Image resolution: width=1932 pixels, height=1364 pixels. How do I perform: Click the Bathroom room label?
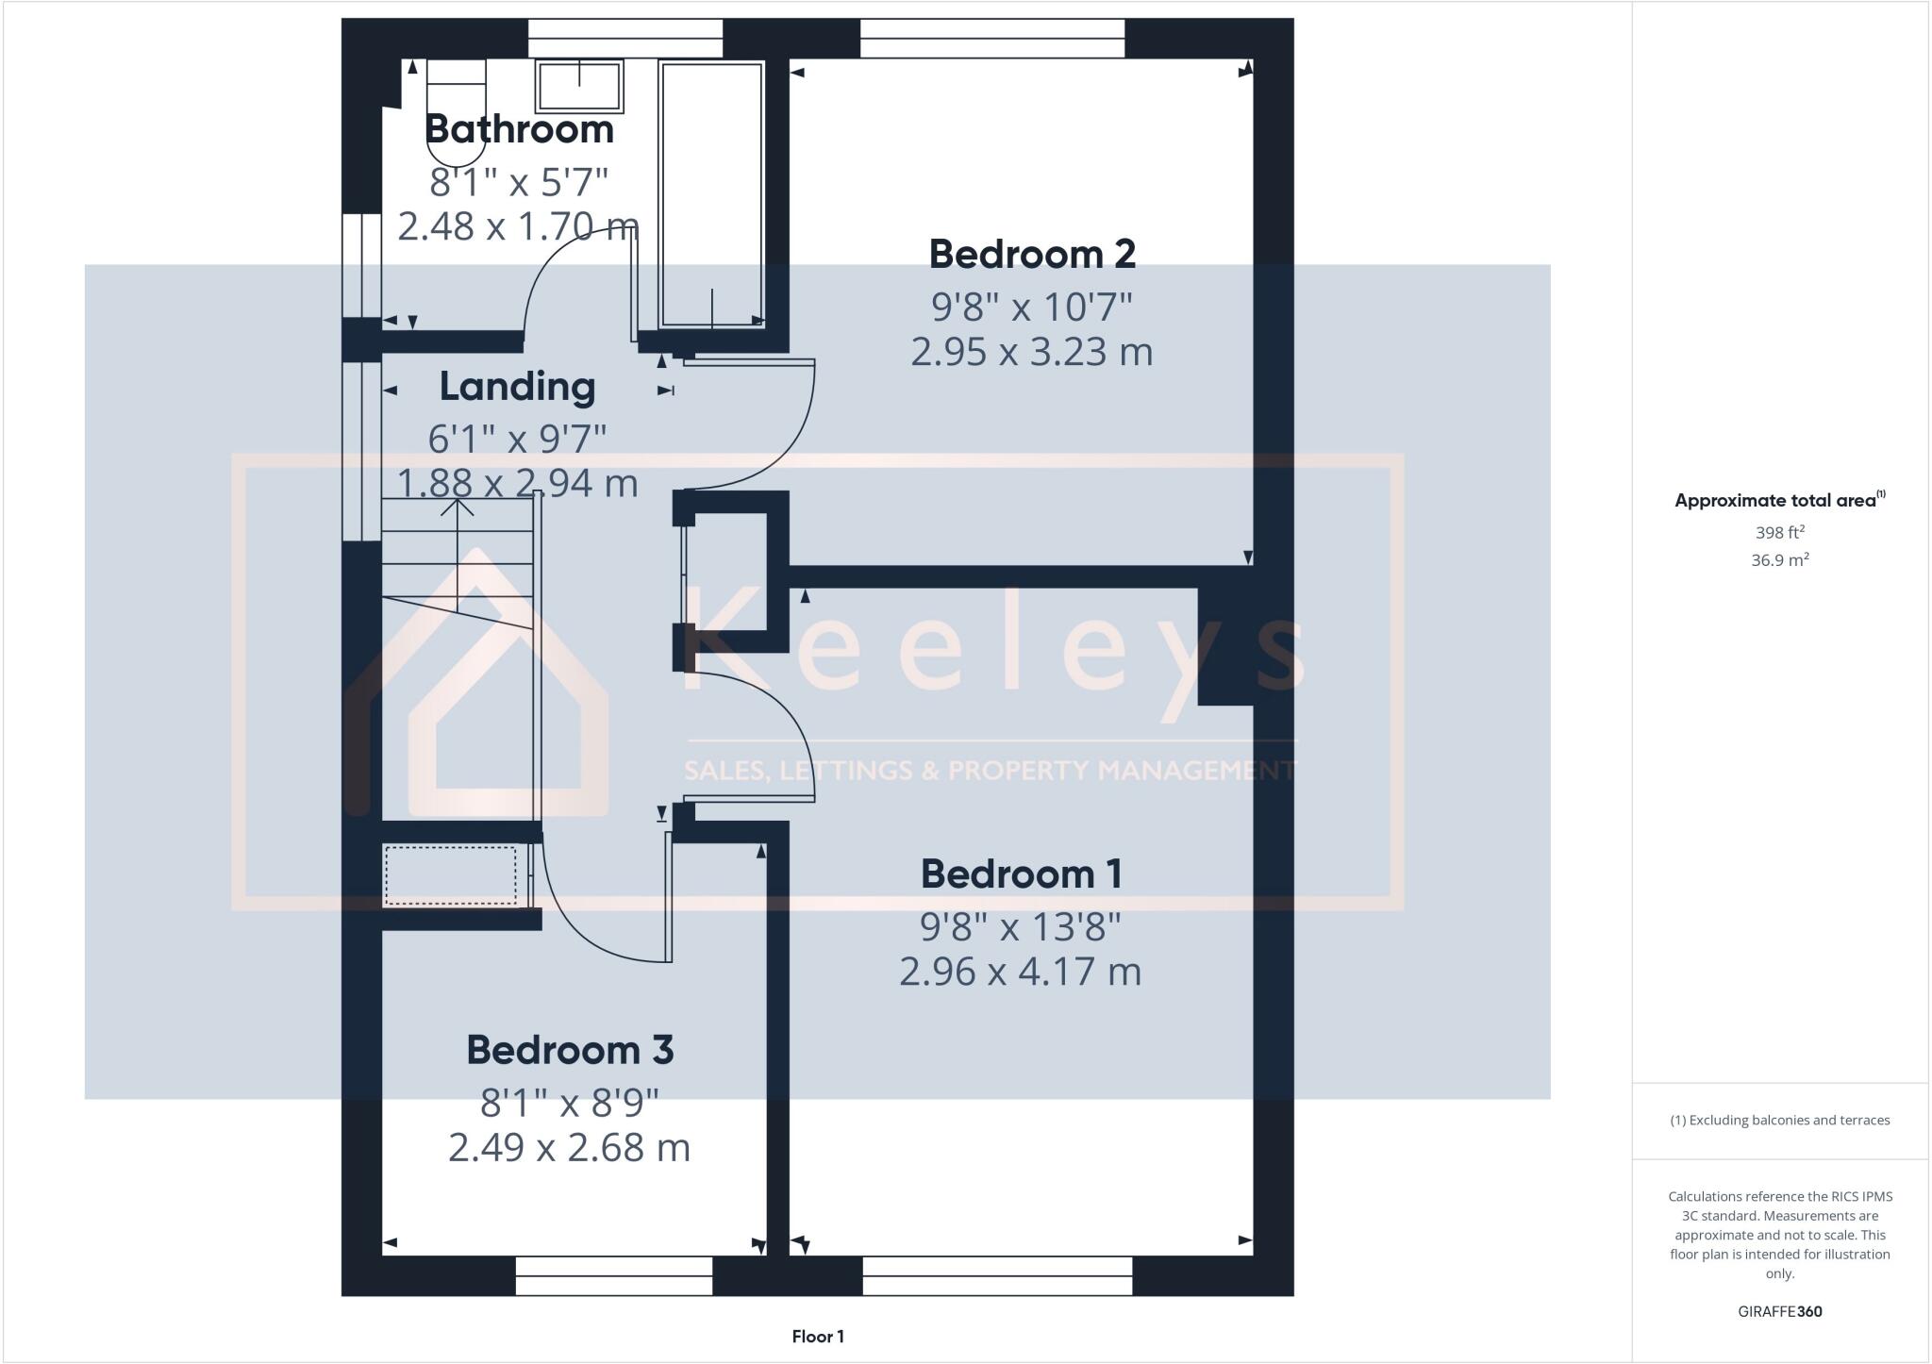(x=519, y=129)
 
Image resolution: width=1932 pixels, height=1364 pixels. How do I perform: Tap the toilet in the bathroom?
(x=456, y=104)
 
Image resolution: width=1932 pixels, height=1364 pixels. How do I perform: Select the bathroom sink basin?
(x=579, y=86)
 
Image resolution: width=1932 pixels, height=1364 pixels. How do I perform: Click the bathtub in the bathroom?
(x=711, y=193)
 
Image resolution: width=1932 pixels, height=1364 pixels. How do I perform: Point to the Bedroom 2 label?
(x=1032, y=254)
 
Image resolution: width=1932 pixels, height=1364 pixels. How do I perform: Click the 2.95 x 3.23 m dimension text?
(x=1031, y=352)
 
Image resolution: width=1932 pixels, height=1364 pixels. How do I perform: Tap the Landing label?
(x=517, y=387)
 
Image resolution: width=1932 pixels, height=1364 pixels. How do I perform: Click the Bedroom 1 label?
(x=1021, y=873)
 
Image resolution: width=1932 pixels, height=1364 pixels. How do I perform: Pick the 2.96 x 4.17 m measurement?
(x=1020, y=972)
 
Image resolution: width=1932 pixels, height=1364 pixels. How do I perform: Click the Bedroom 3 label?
(x=570, y=1050)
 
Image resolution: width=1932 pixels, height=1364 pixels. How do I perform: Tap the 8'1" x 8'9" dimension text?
(x=569, y=1101)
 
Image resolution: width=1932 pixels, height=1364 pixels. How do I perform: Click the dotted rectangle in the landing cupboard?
(x=451, y=875)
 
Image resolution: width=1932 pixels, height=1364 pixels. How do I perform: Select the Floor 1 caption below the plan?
(x=818, y=1337)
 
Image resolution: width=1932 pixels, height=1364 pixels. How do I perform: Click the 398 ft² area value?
(x=1779, y=532)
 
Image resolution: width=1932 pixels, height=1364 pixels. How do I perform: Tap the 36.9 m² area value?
(x=1779, y=560)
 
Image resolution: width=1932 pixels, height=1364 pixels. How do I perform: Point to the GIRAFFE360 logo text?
(x=1779, y=1311)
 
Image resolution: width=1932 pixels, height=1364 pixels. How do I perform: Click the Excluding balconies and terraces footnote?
(x=1779, y=1121)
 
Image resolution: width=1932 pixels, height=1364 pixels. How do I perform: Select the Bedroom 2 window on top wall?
(x=992, y=39)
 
